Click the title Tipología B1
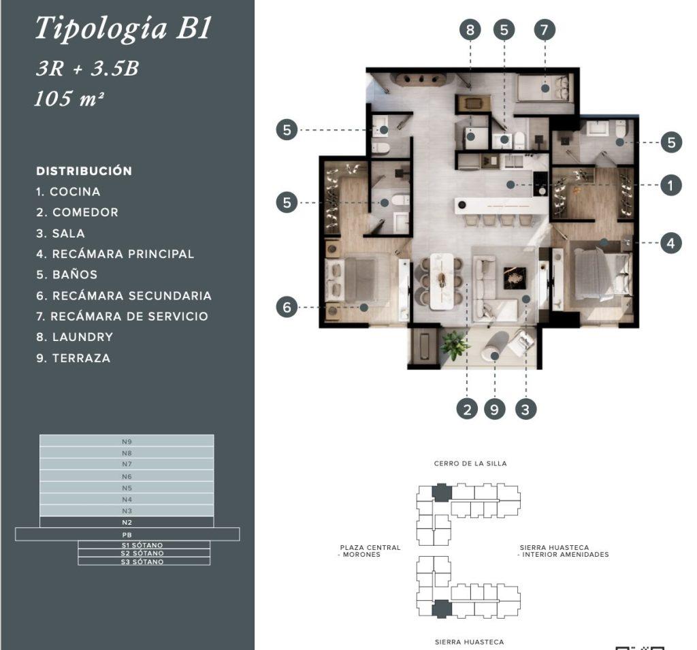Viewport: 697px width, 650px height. click(123, 29)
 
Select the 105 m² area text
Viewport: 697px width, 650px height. click(69, 98)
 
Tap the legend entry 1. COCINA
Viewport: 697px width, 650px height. click(69, 192)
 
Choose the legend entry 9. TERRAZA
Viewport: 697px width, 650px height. click(74, 358)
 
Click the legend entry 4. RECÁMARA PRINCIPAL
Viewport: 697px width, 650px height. click(115, 254)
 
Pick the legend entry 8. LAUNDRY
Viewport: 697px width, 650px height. click(75, 337)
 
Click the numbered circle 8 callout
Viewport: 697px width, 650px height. click(470, 30)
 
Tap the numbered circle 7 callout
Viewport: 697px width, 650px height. click(545, 30)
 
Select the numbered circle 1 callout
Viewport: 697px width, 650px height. click(670, 185)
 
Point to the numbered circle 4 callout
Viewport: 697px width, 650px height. click(670, 243)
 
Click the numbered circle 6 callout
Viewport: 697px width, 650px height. click(287, 307)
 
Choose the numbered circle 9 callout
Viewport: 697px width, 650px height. click(494, 409)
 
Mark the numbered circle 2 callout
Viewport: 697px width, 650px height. click(467, 409)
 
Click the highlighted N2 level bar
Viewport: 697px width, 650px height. click(127, 522)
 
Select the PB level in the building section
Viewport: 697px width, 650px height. click(127, 534)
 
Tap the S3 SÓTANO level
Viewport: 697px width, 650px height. click(144, 562)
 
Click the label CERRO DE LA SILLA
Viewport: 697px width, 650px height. click(470, 464)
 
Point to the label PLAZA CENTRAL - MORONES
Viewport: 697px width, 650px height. click(370, 551)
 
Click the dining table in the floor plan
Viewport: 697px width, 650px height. click(442, 281)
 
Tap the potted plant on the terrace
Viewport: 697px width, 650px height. click(453, 345)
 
